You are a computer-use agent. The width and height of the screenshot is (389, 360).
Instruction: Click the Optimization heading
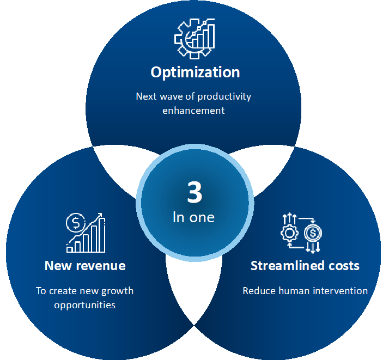click(x=195, y=72)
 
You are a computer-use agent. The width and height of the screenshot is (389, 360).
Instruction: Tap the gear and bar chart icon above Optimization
click(x=194, y=39)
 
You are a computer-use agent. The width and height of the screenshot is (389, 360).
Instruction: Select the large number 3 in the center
click(x=194, y=192)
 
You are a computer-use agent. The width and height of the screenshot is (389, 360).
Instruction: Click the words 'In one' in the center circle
click(x=193, y=217)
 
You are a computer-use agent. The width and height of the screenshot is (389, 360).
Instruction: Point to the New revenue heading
click(x=85, y=266)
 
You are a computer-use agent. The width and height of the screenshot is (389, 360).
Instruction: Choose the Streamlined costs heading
click(x=305, y=266)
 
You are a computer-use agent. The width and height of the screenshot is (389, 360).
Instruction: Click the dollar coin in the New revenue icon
click(x=76, y=223)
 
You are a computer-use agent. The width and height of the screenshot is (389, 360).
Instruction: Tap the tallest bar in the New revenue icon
click(x=102, y=235)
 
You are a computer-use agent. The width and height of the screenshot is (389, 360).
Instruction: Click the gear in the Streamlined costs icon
click(x=289, y=233)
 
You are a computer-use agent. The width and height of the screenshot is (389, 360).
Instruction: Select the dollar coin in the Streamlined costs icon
click(x=313, y=233)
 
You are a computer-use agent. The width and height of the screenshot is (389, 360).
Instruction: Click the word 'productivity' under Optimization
click(x=224, y=97)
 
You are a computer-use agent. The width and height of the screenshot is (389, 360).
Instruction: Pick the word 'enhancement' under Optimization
click(x=193, y=111)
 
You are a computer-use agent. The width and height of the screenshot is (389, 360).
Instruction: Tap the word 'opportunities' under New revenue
click(x=85, y=306)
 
